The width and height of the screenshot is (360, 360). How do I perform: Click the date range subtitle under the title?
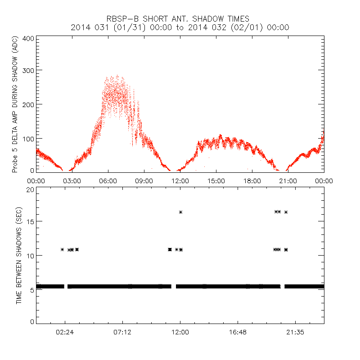180,27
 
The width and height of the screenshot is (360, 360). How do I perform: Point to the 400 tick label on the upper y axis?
28,38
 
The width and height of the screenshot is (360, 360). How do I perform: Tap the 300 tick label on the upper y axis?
28,70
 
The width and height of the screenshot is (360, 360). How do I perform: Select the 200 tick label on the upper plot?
28,104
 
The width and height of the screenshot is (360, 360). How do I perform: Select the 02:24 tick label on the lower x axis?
65,333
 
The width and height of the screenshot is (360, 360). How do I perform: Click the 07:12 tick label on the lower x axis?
122,333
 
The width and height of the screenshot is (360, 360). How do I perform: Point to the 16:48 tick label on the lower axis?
238,333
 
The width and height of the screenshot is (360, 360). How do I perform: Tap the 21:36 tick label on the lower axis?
295,333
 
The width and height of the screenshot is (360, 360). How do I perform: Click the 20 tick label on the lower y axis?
30,189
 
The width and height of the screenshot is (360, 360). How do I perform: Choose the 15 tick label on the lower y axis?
30,221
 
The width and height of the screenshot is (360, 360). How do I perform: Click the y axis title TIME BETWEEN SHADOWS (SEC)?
19,256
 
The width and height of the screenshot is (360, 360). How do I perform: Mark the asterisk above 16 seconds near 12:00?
180,212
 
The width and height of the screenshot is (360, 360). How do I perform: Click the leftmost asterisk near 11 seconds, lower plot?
63,249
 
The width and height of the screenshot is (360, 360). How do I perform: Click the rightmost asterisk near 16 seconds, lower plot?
286,212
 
